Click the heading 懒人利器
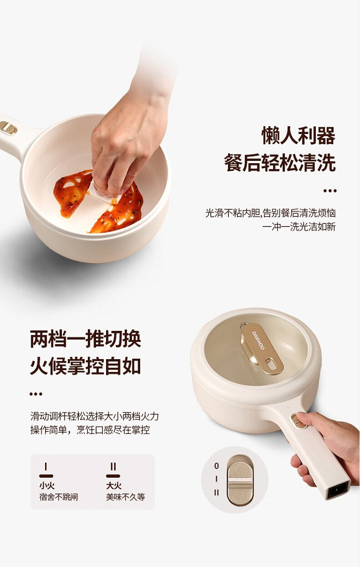(x=299, y=136)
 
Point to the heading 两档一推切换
(x=85, y=339)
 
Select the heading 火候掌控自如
(x=85, y=366)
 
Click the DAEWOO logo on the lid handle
(x=258, y=340)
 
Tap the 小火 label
(x=47, y=485)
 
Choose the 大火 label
(x=113, y=485)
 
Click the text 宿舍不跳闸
(x=58, y=497)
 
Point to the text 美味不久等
(x=125, y=497)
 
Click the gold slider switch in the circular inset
(x=240, y=480)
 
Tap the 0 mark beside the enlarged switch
(x=216, y=466)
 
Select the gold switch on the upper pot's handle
(x=8, y=128)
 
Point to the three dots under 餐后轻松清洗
(x=330, y=191)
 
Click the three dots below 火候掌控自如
(x=36, y=394)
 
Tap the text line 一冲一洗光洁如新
(x=299, y=227)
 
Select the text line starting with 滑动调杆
(x=95, y=416)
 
